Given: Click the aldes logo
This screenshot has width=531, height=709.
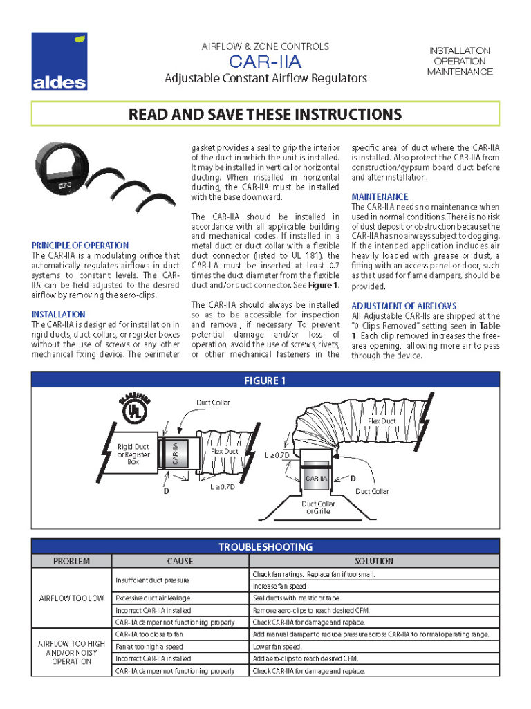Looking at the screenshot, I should pos(59,63).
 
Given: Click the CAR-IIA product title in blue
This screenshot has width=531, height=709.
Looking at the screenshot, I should pos(265,63).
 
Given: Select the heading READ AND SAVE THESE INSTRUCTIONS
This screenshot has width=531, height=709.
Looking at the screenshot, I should pos(265,114).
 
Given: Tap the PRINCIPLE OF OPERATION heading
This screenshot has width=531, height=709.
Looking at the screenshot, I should pos(80,245).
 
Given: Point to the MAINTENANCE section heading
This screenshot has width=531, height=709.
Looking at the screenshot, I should pos(380,196).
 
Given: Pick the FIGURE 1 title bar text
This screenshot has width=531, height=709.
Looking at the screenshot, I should pos(265,380).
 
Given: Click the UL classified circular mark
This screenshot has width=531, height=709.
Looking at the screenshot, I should pos(131,411).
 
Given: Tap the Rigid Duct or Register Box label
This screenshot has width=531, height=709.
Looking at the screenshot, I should pos(133,454).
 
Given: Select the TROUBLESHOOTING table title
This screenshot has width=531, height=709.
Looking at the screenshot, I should pos(265,546).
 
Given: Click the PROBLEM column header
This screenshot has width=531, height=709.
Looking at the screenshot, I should pos(71,561).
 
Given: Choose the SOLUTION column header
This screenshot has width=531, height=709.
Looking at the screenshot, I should pos(373,561).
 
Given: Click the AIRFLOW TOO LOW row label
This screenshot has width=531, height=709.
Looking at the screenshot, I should pos(71,598).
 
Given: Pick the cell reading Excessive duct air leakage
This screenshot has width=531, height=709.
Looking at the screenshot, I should pos(153,598).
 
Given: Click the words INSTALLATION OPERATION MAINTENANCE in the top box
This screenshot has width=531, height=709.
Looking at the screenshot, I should pos(460,61).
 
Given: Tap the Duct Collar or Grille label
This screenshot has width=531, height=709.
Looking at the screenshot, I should pos(318,508).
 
